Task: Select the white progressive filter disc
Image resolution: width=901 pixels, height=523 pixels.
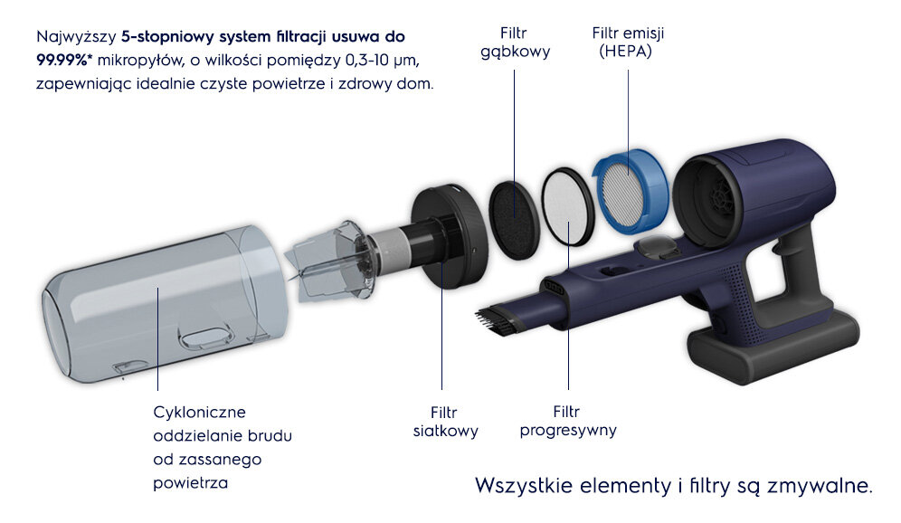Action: [x=568, y=207]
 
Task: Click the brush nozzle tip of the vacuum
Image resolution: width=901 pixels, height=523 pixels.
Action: [x=492, y=320]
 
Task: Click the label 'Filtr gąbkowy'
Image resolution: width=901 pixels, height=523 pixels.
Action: [x=515, y=43]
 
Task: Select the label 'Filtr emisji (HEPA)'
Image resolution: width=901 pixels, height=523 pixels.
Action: [x=628, y=43]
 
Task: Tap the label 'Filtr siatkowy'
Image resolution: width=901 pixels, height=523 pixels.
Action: [x=445, y=422]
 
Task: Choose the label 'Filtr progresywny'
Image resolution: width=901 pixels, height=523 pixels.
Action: [x=568, y=422]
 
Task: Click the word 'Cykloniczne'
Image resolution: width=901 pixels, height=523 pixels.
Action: [x=199, y=412]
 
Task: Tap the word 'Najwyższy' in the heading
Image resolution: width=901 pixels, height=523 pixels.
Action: [x=76, y=37]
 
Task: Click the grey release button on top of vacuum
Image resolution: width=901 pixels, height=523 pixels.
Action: [x=656, y=248]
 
